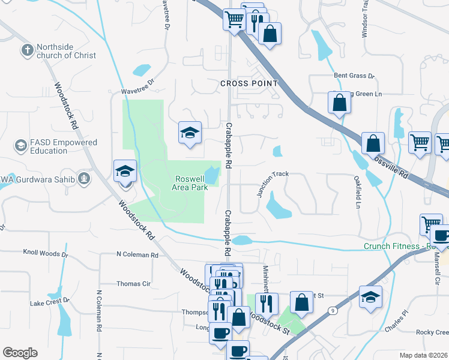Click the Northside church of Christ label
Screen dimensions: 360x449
coord(65,51)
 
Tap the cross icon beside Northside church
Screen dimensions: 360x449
coord(27,50)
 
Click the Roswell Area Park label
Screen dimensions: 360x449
coord(191,183)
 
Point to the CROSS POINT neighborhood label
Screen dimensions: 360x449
coord(249,83)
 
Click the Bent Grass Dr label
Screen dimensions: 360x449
coord(354,77)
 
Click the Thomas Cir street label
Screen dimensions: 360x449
coord(133,284)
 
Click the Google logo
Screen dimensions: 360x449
coord(20,353)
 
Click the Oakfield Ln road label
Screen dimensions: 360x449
coord(357,192)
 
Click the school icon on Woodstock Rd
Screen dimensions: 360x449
coord(125,172)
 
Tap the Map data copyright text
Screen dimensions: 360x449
coord(423,355)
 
